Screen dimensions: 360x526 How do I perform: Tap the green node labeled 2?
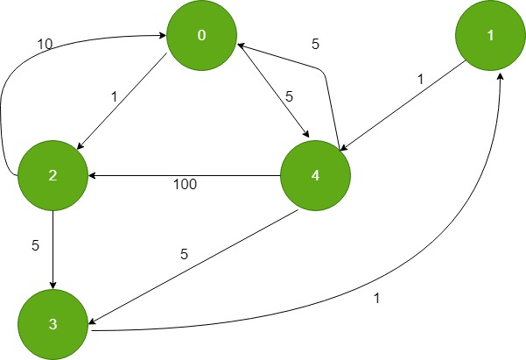click(53, 176)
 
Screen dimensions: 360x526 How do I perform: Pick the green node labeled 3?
click(53, 325)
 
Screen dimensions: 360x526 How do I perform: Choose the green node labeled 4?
click(314, 175)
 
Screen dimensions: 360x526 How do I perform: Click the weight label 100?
click(185, 185)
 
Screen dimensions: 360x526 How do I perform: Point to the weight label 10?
click(45, 41)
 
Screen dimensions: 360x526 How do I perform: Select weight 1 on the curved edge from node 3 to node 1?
click(377, 298)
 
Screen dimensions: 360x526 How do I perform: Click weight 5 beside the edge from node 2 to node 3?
click(36, 246)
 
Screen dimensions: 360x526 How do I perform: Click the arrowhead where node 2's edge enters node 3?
click(53, 285)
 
